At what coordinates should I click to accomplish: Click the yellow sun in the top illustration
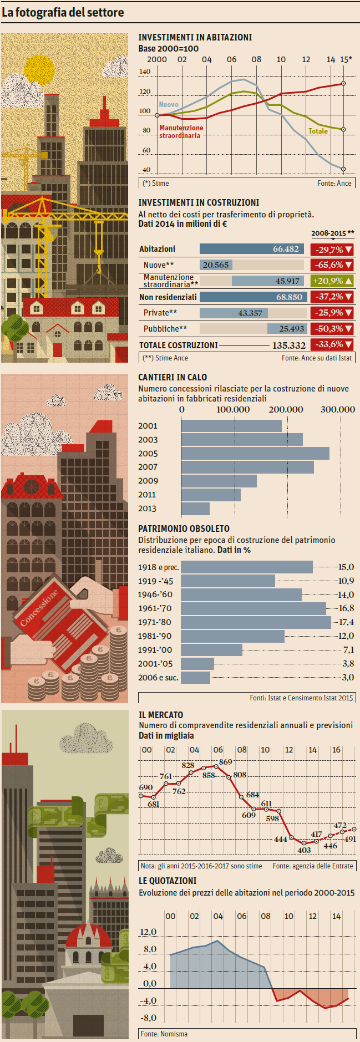tap(39, 70)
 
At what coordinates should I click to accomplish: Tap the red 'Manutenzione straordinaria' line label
tap(181, 131)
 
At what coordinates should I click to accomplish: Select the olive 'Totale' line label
tap(318, 131)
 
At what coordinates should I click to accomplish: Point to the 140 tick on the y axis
tap(145, 72)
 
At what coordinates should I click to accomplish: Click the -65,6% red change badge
tap(332, 265)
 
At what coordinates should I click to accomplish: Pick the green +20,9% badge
tap(332, 281)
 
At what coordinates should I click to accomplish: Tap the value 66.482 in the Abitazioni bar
tap(286, 250)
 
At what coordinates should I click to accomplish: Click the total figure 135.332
tap(288, 345)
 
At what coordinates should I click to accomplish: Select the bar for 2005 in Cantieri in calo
tap(255, 453)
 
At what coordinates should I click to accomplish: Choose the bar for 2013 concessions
tap(195, 509)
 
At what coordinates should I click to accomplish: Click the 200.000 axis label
tap(286, 410)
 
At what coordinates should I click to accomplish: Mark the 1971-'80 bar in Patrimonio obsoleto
tap(256, 622)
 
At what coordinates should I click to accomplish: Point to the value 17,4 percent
tap(346, 622)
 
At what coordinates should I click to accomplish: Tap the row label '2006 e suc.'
tap(158, 677)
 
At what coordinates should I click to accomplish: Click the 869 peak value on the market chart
tap(225, 762)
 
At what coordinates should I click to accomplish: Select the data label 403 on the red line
tap(304, 850)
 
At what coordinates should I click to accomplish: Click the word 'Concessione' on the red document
tap(38, 608)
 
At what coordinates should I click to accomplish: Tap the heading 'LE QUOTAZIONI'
tap(168, 881)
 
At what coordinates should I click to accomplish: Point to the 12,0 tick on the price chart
tap(148, 932)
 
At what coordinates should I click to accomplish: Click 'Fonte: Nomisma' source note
tap(164, 1034)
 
